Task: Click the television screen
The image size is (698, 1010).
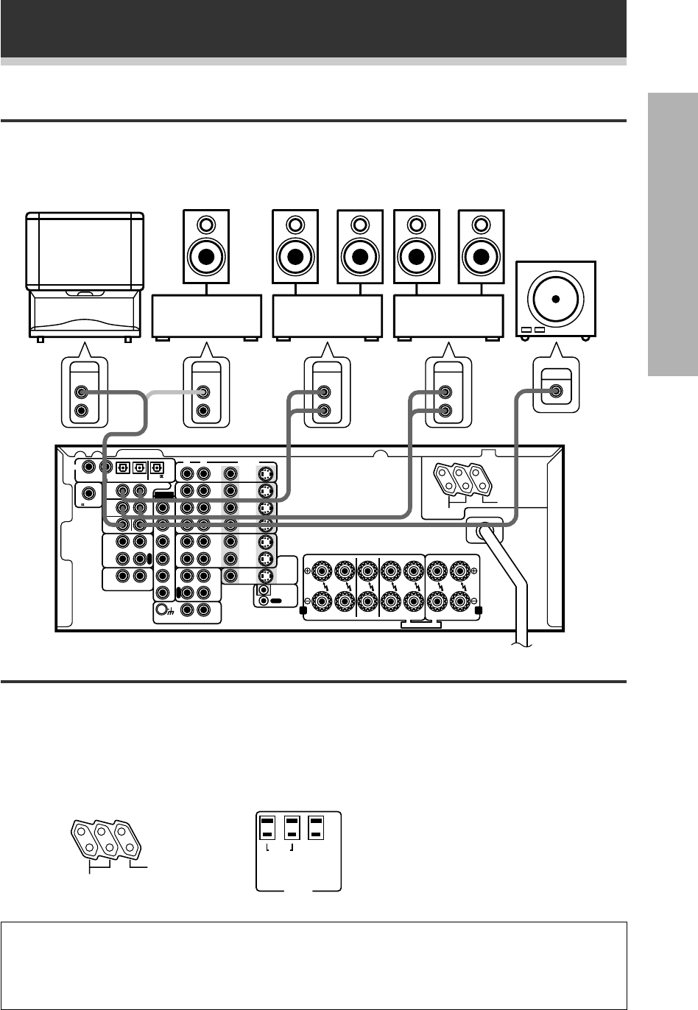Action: (x=85, y=251)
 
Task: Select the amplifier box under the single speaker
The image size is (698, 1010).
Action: (x=207, y=317)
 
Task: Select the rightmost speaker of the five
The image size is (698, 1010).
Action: (x=481, y=247)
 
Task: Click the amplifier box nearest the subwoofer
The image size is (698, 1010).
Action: (x=449, y=317)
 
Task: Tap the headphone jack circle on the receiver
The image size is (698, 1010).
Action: (x=162, y=610)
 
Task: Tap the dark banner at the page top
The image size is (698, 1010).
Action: (x=313, y=28)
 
